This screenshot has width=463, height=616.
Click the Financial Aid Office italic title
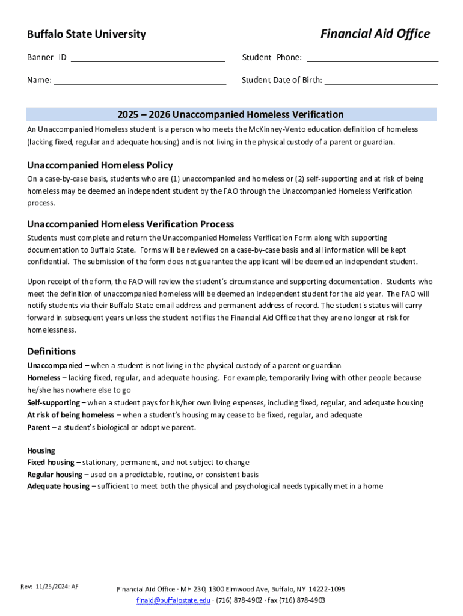click(375, 34)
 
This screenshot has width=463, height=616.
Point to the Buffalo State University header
click(86, 34)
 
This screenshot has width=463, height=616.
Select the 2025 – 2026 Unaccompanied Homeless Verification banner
click(231, 114)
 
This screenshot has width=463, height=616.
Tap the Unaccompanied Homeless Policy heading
click(100, 165)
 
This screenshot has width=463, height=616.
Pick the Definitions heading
click(51, 351)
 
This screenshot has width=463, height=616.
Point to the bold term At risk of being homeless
click(70, 415)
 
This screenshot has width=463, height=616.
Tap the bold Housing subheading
click(41, 451)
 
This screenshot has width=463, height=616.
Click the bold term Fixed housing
click(51, 463)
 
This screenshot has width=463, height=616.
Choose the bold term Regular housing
click(54, 475)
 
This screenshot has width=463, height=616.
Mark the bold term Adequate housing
click(58, 487)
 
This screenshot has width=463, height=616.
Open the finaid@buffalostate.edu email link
click(173, 600)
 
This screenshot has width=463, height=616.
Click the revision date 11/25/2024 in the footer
click(51, 587)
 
